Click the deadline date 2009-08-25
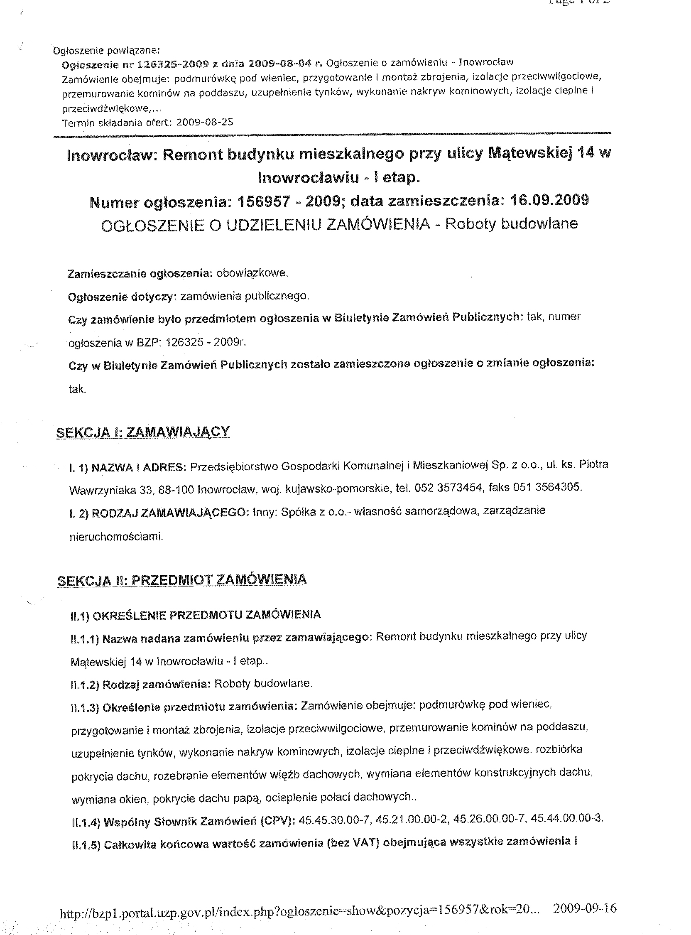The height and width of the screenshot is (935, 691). coord(205,123)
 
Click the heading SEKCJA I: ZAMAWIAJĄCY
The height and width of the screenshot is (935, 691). coord(143,432)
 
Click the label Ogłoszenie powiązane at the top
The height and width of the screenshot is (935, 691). coord(107,51)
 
